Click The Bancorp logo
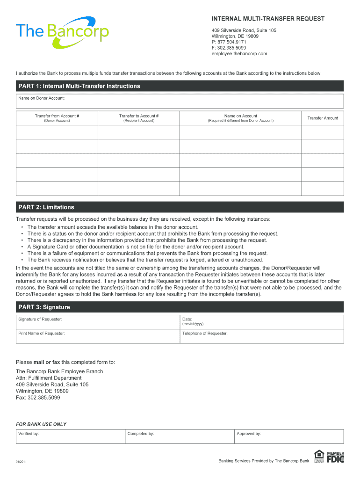click(x=62, y=32)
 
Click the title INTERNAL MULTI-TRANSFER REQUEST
click(x=268, y=19)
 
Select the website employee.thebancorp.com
click(x=239, y=54)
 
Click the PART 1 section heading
click(x=79, y=86)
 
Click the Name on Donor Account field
click(x=180, y=101)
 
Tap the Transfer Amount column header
click(x=323, y=118)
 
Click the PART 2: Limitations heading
click(x=46, y=207)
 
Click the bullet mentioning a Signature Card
click(x=136, y=247)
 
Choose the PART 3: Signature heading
click(x=44, y=307)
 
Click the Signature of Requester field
click(x=98, y=322)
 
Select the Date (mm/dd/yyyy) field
click(x=262, y=322)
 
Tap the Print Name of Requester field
click(x=98, y=336)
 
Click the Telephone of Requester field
click(x=262, y=336)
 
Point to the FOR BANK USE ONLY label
click(x=41, y=424)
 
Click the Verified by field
click(x=70, y=436)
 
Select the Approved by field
click(x=289, y=436)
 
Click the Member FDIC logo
click(x=335, y=457)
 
